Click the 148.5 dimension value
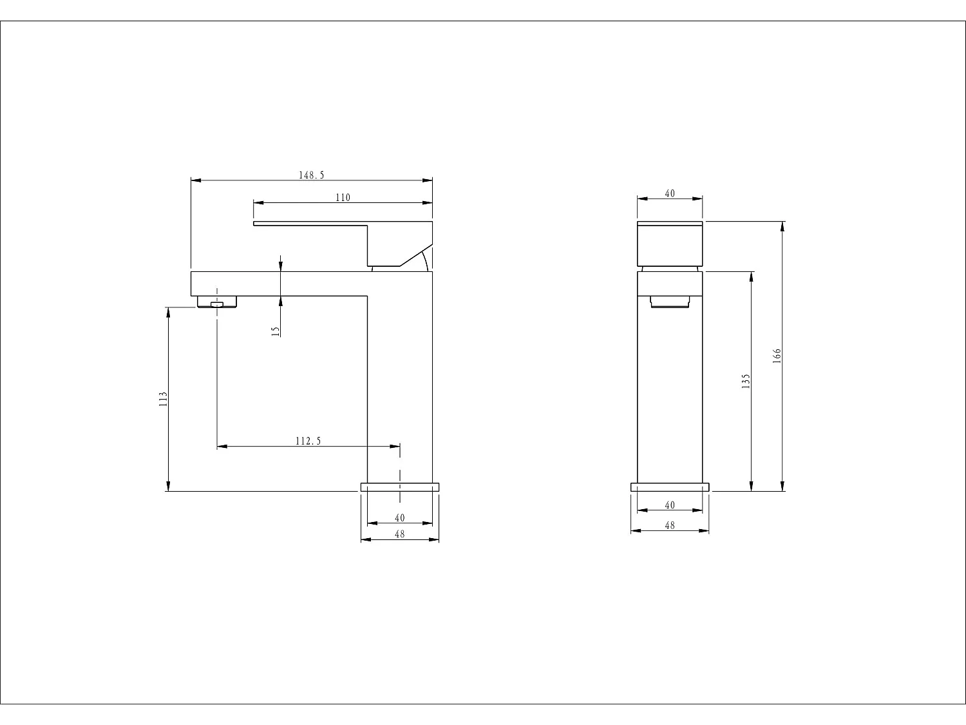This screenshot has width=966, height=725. point(311,175)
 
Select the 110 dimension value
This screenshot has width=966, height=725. point(343,197)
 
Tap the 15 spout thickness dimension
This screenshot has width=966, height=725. point(276,331)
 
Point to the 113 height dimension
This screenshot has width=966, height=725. point(163,398)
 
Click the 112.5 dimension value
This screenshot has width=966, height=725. point(308,441)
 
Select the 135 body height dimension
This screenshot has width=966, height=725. point(746,381)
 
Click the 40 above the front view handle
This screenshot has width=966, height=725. point(670,193)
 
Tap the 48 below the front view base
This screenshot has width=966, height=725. point(670,525)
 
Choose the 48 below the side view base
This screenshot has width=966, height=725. point(399,534)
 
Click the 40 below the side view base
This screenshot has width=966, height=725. point(399,517)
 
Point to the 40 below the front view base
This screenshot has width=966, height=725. point(670,505)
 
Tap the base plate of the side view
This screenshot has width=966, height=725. point(399,487)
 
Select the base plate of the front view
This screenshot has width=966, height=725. point(670,487)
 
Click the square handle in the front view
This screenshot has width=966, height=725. point(670,243)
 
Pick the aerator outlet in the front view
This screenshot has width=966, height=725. point(670,302)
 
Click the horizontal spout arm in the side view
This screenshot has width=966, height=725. point(277,284)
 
